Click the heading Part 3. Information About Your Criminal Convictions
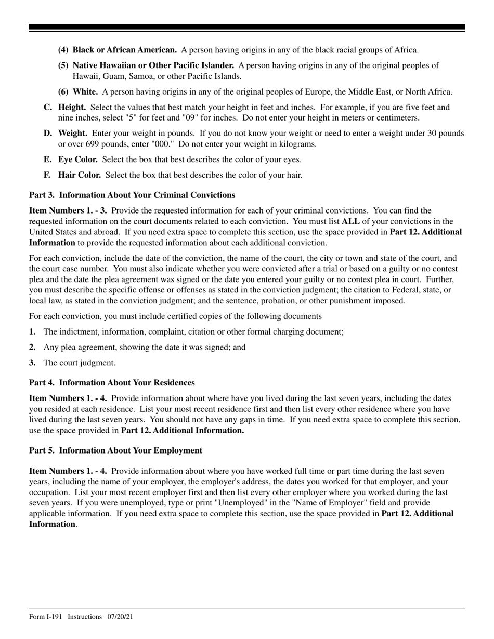132,195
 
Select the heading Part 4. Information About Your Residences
112,383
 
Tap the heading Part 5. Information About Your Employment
115,450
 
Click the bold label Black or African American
124,50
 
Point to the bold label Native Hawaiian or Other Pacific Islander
153,65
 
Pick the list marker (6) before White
63,92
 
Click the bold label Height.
72,108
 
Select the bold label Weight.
72,134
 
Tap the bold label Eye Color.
77,159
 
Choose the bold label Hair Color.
79,175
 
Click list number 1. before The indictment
33,332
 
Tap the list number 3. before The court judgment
33,363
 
